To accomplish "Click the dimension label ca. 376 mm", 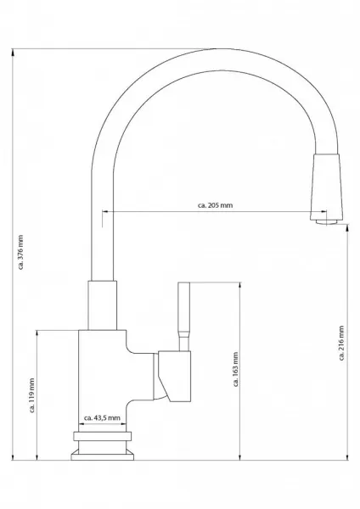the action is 20,252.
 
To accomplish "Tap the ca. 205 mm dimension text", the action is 215,205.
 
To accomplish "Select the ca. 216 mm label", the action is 341,343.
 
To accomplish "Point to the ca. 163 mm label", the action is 236,369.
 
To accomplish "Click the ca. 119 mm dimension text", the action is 32,395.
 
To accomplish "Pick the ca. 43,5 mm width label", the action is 102,417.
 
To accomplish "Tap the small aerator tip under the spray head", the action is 327,222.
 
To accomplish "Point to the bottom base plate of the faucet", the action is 103,455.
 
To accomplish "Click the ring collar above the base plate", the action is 103,436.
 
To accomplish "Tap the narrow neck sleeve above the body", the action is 103,305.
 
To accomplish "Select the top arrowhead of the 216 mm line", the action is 348,228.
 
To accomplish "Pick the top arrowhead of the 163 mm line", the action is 240,286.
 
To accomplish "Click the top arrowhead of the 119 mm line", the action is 37,334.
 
